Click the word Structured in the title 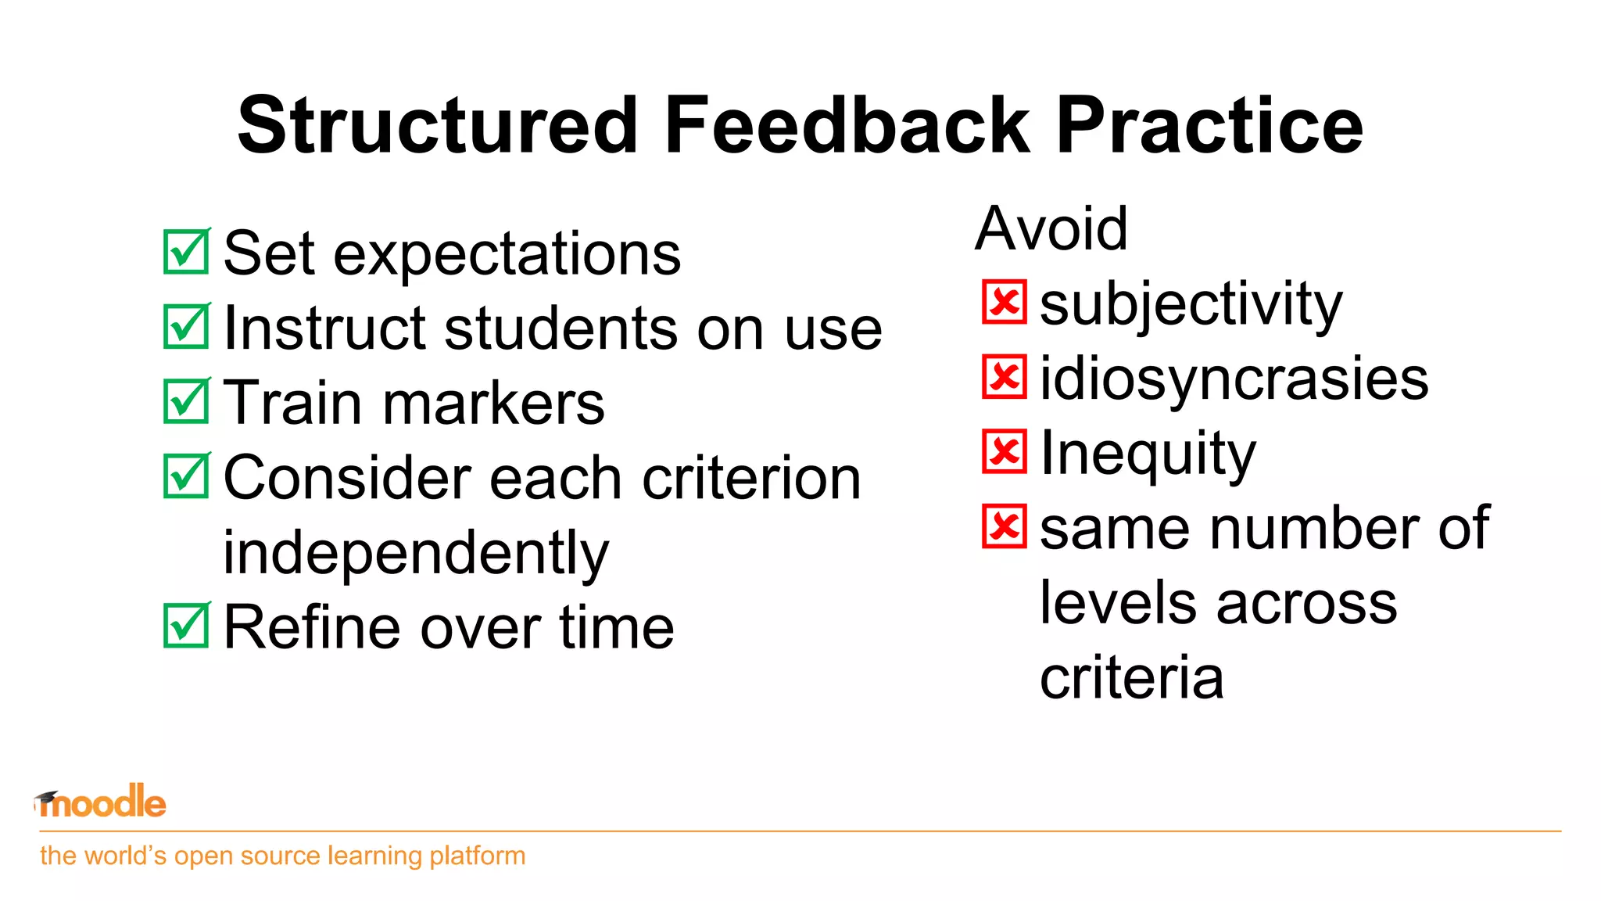click(x=438, y=125)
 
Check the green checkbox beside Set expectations click(x=186, y=252)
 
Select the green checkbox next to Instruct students click(x=186, y=326)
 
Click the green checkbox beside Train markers click(x=186, y=401)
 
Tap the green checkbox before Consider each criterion click(x=186, y=476)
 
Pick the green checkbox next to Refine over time click(x=186, y=626)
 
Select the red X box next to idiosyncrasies click(x=1004, y=377)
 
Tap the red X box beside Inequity click(x=1004, y=451)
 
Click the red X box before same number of click(x=1004, y=526)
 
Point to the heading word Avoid click(x=1051, y=228)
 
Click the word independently click(x=415, y=552)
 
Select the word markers click(x=493, y=404)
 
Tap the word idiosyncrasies click(x=1234, y=379)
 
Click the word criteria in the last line click(x=1131, y=677)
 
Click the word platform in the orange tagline click(x=477, y=856)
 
